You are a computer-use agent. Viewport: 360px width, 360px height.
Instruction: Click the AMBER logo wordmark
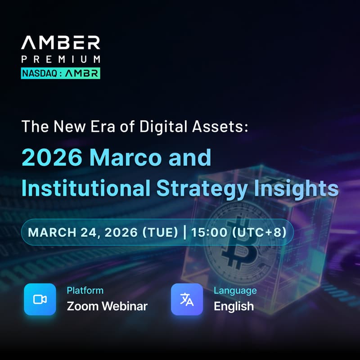coord(60,43)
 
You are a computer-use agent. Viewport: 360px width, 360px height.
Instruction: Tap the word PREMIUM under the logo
coord(60,59)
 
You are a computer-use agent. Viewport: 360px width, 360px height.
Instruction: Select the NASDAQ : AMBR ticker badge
coord(60,73)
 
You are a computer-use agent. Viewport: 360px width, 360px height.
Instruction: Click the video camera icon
coord(40,299)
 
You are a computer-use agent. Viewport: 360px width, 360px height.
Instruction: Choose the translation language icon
coord(187,299)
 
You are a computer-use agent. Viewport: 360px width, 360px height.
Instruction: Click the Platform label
coord(85,290)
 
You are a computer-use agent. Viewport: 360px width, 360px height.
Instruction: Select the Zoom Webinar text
coord(107,306)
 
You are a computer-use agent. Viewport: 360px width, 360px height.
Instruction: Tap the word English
coord(234,306)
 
